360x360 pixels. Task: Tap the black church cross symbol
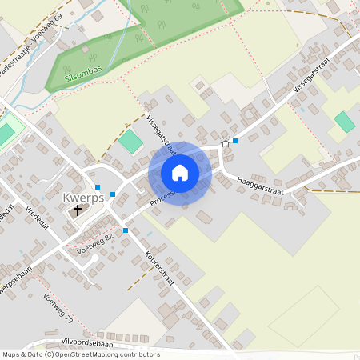click(x=78, y=211)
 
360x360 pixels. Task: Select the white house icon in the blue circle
click(x=179, y=173)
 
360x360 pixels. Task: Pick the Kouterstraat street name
click(x=160, y=266)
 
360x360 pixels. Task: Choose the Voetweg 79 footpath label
click(x=58, y=308)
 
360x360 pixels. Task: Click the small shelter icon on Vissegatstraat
click(x=225, y=143)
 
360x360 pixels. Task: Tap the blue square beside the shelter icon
click(x=235, y=141)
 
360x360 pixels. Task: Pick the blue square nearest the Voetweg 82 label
click(x=126, y=230)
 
